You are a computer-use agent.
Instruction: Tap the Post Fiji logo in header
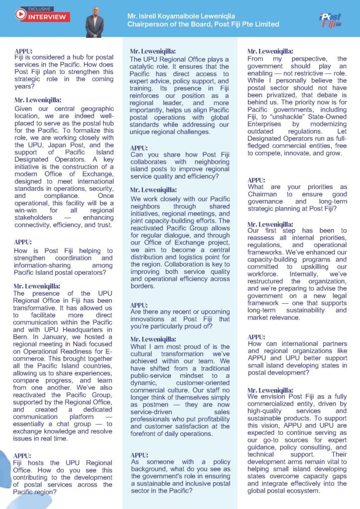pyautogui.click(x=330, y=20)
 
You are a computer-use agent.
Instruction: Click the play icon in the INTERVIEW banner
pyautogui.click(x=20, y=16)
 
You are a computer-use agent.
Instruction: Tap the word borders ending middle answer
pyautogui.click(x=143, y=286)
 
